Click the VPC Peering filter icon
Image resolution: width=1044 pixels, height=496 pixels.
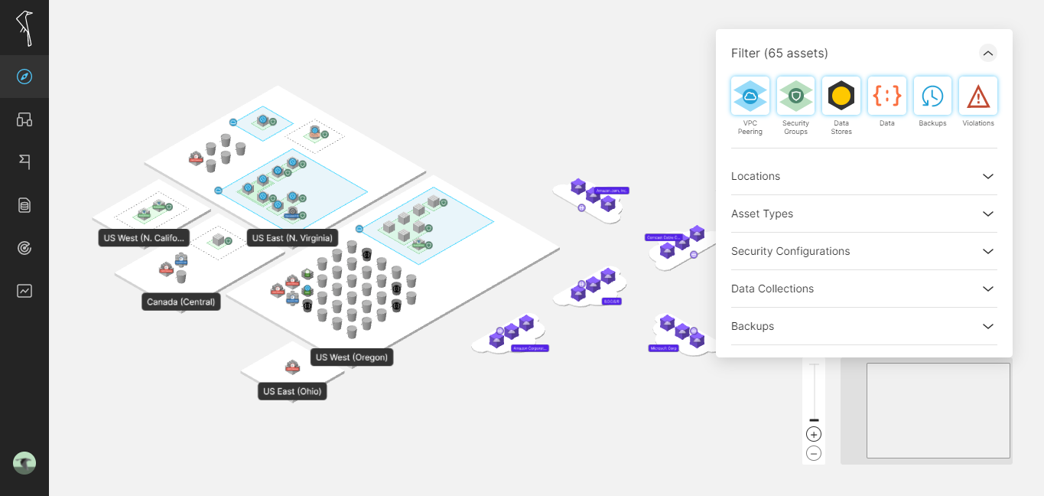coord(750,96)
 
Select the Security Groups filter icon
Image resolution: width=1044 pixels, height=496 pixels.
coord(795,96)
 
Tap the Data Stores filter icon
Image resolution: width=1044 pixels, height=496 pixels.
coord(841,96)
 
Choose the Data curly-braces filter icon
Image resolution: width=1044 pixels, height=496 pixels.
coord(886,96)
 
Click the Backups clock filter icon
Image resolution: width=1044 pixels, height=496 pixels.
coord(932,96)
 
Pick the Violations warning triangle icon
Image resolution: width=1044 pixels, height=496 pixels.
coord(978,96)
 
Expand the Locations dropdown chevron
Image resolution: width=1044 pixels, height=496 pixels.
coord(988,176)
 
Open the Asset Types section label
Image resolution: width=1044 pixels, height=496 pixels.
coord(762,214)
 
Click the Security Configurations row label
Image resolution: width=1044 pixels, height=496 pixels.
coord(790,251)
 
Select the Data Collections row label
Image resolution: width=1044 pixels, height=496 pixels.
coord(772,289)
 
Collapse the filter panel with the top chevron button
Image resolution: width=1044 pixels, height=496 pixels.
coord(988,53)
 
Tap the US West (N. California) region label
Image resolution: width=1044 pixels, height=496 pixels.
coord(144,238)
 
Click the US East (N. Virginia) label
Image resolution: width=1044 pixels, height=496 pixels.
coord(292,238)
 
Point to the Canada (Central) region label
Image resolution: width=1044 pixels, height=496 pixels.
coord(181,302)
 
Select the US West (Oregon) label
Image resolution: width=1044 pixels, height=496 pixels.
coord(352,357)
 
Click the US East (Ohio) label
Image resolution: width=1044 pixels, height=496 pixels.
coord(292,391)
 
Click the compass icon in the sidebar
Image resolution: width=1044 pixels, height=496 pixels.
coord(24,77)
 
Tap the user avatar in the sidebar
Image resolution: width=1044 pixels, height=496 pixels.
coord(24,463)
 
